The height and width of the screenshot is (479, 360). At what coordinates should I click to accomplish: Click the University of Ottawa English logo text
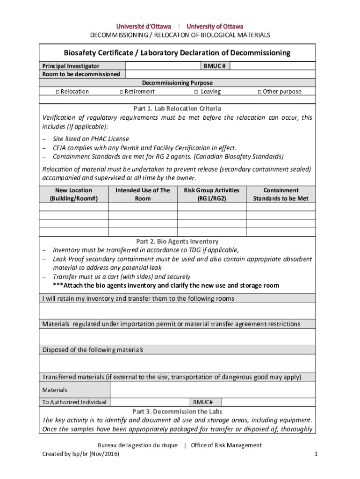coord(215,26)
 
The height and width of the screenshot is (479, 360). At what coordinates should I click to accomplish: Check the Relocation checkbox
coord(57,92)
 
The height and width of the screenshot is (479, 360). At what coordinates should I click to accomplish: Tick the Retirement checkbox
coord(121,92)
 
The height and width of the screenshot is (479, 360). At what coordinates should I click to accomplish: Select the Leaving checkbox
coord(196,92)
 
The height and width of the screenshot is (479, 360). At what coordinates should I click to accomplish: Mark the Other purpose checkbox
coord(259,92)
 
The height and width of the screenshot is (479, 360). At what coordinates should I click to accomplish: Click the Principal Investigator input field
coord(163,66)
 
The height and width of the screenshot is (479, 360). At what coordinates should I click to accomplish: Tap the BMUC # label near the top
coord(215,66)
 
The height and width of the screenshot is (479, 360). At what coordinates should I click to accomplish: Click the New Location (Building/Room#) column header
coord(74,194)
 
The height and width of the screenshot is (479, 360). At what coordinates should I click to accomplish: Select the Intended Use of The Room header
coord(143,194)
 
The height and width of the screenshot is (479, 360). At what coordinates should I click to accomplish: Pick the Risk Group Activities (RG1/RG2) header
coord(211,194)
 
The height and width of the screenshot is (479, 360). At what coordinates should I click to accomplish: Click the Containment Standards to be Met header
coord(281,194)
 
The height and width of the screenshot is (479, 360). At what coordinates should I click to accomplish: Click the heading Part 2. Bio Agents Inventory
coord(177,241)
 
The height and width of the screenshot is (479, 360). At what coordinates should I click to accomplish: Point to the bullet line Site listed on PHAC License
coord(91,139)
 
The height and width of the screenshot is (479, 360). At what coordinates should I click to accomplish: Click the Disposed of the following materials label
coord(93,350)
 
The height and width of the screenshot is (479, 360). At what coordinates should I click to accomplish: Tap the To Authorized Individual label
coord(74,402)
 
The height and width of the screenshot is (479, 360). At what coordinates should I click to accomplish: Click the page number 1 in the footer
coord(316,454)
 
